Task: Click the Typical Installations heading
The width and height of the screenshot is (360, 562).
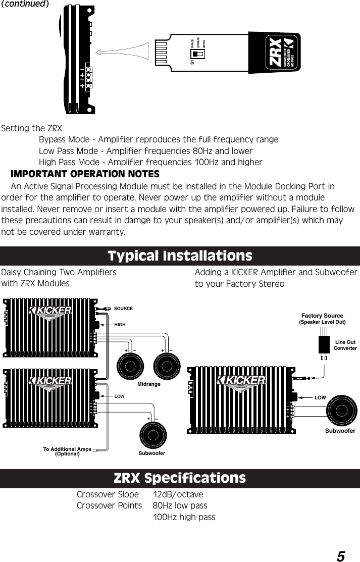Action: (180, 256)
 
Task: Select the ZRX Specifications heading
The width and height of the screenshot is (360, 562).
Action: (180, 478)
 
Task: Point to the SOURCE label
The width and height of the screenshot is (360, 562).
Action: (123, 309)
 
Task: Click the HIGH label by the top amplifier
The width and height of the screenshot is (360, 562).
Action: (120, 325)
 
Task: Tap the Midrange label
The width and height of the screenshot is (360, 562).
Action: (148, 384)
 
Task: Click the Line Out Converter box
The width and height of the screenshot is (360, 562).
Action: (324, 345)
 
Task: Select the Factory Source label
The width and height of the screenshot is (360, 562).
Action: (322, 316)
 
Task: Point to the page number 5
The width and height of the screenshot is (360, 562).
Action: (341, 556)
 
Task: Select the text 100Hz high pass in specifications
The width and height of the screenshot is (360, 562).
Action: (184, 517)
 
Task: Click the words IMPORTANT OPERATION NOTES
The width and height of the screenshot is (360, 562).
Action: (85, 174)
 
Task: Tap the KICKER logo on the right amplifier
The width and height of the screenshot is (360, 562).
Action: (242, 380)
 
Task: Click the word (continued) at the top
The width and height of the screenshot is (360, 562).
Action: (25, 4)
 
